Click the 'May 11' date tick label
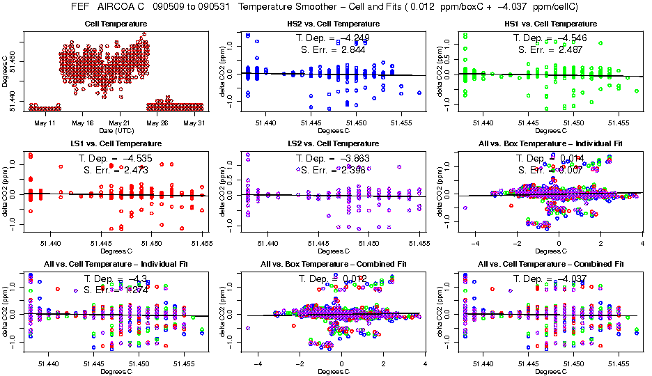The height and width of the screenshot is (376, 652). (x=44, y=123)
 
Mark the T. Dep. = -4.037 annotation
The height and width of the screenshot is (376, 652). (x=550, y=278)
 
